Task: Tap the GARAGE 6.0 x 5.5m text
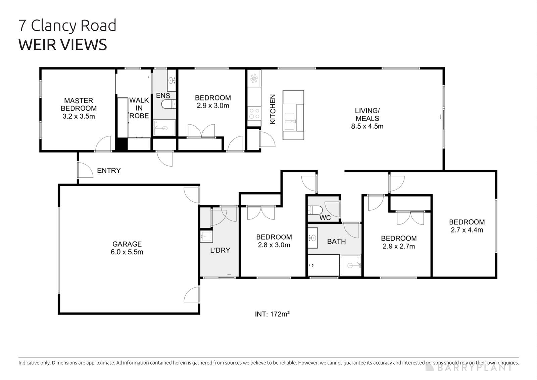click(127, 248)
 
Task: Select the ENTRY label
click(108, 171)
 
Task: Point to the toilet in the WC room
click(314, 210)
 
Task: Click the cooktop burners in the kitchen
click(254, 113)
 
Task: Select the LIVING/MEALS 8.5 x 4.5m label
click(367, 118)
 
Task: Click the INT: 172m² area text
click(272, 314)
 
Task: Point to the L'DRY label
click(220, 250)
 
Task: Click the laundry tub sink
click(206, 237)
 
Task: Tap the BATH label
click(336, 241)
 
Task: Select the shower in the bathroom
click(351, 265)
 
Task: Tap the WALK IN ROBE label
click(139, 108)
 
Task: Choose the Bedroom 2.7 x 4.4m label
click(467, 226)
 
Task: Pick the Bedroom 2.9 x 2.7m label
click(399, 242)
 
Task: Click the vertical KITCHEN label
click(273, 109)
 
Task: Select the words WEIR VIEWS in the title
click(63, 44)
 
